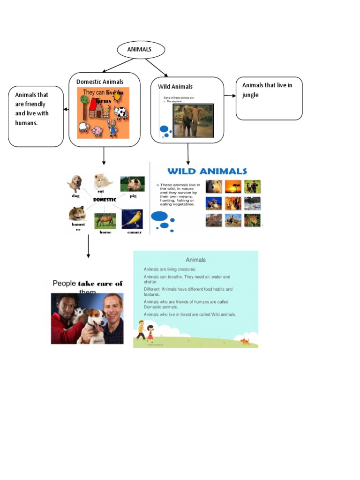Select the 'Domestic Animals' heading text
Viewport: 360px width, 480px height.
point(100,82)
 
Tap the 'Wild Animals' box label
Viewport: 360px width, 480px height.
point(175,86)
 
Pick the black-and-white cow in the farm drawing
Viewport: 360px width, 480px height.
point(120,112)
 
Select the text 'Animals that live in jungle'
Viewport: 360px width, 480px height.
point(267,90)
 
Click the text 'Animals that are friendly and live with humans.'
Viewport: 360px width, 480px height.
point(32,109)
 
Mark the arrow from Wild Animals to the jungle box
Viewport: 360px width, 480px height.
point(230,96)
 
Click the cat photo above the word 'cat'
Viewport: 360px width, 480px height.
point(102,181)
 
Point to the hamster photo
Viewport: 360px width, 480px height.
point(77,214)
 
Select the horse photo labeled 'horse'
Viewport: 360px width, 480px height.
point(105,220)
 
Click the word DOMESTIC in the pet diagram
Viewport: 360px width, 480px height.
point(105,199)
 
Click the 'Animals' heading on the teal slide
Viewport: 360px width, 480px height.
point(195,260)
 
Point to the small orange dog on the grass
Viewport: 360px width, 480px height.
point(245,342)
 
